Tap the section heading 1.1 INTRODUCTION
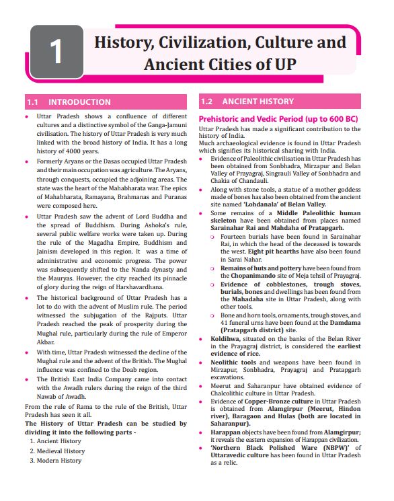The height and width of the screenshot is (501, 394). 69,102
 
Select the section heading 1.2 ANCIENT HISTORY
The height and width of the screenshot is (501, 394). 247,102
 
